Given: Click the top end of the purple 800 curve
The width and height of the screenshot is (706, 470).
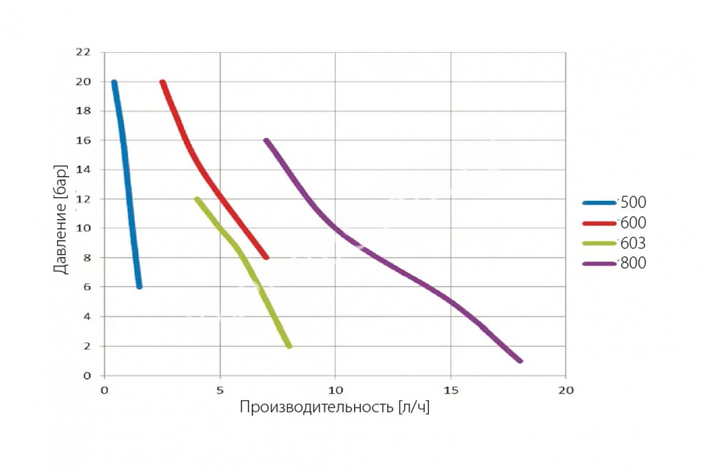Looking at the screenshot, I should tap(267, 141).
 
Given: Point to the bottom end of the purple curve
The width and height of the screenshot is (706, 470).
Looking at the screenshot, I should tap(519, 361).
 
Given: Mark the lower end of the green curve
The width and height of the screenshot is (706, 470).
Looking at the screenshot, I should tap(289, 346).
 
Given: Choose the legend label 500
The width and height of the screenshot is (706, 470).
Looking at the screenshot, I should tap(633, 203).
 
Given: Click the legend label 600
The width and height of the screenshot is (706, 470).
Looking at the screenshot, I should tap(633, 223).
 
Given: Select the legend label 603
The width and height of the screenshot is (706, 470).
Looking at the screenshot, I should tap(633, 243).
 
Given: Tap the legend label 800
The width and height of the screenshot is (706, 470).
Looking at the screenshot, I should tap(633, 263).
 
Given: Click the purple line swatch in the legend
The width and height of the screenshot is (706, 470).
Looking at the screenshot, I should tap(599, 264).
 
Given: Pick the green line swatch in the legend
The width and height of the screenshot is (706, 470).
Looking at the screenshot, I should tap(599, 243).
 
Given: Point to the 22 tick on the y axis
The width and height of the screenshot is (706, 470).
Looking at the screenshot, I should tap(83, 52).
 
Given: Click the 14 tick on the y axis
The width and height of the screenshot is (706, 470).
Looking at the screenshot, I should tap(83, 170).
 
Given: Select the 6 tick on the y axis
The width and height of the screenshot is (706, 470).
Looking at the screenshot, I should tap(86, 287).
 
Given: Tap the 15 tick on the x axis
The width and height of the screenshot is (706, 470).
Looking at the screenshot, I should tap(450, 390).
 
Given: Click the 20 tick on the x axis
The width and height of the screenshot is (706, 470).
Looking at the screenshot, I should tap(565, 390).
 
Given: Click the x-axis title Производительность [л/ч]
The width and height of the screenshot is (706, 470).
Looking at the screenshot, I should tap(334, 407).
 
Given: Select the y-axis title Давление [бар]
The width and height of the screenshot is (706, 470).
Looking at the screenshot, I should tap(61, 219).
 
